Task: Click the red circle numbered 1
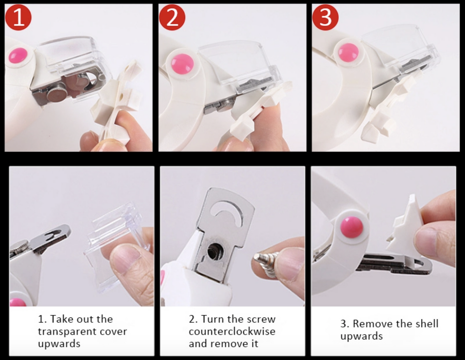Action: [18, 17]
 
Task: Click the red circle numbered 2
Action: [172, 17]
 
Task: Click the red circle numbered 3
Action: [325, 17]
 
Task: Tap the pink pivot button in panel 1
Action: [19, 56]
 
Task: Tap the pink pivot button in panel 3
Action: [349, 52]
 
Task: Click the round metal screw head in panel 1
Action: [57, 95]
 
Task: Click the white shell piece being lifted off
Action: [406, 225]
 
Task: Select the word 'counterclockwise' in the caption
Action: [232, 331]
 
